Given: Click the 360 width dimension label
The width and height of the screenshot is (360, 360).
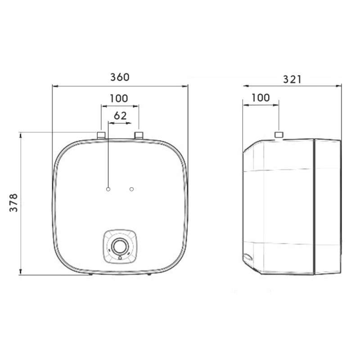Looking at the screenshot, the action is [120, 77].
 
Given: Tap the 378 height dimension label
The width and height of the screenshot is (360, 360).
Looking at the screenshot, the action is [13, 203].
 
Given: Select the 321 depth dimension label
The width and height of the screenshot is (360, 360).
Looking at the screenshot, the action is [292, 80].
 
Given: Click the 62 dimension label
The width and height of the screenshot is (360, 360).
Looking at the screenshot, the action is [120, 116].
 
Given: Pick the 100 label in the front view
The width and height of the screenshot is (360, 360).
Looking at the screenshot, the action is [119, 99].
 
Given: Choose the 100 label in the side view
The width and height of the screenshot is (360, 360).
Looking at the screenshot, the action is [261, 98].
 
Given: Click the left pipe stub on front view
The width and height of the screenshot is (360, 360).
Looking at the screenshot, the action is [101, 135].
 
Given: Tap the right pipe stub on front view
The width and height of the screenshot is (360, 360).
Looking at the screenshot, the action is [139, 135].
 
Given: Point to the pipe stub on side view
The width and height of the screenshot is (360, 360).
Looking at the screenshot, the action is [279, 135].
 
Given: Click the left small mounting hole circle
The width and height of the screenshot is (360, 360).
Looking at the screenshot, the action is [108, 189].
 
